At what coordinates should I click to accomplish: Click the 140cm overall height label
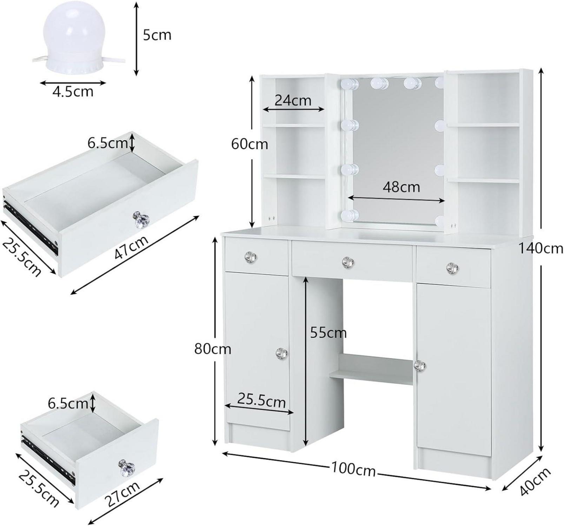click(541, 248)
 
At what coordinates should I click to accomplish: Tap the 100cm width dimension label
click(353, 469)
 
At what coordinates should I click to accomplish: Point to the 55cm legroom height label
click(328, 332)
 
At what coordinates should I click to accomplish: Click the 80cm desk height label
click(213, 349)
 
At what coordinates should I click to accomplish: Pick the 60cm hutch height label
click(250, 144)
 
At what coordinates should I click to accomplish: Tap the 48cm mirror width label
click(401, 187)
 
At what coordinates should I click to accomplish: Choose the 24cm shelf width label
click(293, 100)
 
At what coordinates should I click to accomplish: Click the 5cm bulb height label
click(157, 35)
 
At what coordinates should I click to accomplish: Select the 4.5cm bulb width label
click(73, 92)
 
